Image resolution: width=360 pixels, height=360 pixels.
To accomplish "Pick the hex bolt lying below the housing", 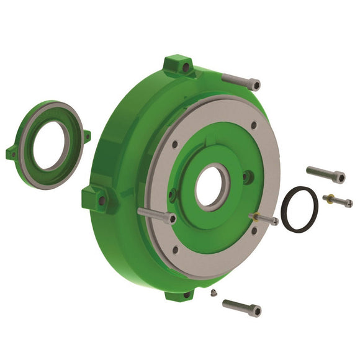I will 241,307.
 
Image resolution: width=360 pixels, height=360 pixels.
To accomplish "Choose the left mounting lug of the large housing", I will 96,199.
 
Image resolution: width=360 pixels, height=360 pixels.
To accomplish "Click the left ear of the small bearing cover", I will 11,152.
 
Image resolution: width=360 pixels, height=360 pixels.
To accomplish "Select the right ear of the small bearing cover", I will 86,135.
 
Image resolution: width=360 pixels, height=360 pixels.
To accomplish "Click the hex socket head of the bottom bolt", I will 256,310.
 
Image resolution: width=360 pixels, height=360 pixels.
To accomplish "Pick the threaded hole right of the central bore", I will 247,178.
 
